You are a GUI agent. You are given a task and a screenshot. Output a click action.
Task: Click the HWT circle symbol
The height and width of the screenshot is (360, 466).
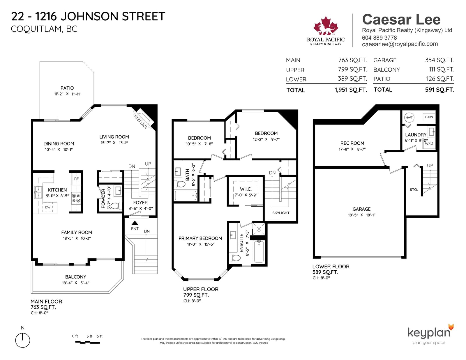point(409,117)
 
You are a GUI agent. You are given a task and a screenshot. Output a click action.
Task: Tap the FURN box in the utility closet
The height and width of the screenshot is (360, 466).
point(429,117)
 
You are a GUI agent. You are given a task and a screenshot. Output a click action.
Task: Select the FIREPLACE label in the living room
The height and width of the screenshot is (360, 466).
point(140,122)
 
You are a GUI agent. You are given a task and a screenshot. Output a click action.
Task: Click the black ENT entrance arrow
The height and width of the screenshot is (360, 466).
point(135,223)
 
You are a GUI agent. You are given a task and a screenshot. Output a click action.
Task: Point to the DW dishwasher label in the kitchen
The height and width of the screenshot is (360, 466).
point(47,207)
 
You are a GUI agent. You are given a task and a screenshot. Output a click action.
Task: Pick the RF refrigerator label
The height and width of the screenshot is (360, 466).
point(76,179)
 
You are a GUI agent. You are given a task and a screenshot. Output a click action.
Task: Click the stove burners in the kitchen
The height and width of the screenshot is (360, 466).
point(76,198)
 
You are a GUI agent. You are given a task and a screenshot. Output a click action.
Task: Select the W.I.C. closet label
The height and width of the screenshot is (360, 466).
point(246,189)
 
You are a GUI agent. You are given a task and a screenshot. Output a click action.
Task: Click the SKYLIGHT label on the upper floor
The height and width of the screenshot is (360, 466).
point(281,213)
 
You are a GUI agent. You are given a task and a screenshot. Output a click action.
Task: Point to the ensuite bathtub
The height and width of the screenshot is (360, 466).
point(259,252)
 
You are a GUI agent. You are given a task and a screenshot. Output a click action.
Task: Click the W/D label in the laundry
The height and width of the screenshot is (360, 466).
point(429,143)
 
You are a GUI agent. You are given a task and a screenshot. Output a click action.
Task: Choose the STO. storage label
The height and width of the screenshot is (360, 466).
point(414,190)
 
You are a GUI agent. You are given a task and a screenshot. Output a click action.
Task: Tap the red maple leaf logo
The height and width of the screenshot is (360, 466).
point(326,25)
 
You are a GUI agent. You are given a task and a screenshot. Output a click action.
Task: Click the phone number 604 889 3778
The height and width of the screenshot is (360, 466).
point(379,38)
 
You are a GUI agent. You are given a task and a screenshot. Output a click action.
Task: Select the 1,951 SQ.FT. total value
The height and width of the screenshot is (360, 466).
point(351,90)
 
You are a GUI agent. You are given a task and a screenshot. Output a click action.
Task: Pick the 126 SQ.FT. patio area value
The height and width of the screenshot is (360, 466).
point(440,79)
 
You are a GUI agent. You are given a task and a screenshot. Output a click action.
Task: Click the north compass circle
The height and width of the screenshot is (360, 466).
point(22,340)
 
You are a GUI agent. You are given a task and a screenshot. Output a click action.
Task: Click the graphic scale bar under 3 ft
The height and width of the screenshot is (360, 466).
point(87,343)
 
